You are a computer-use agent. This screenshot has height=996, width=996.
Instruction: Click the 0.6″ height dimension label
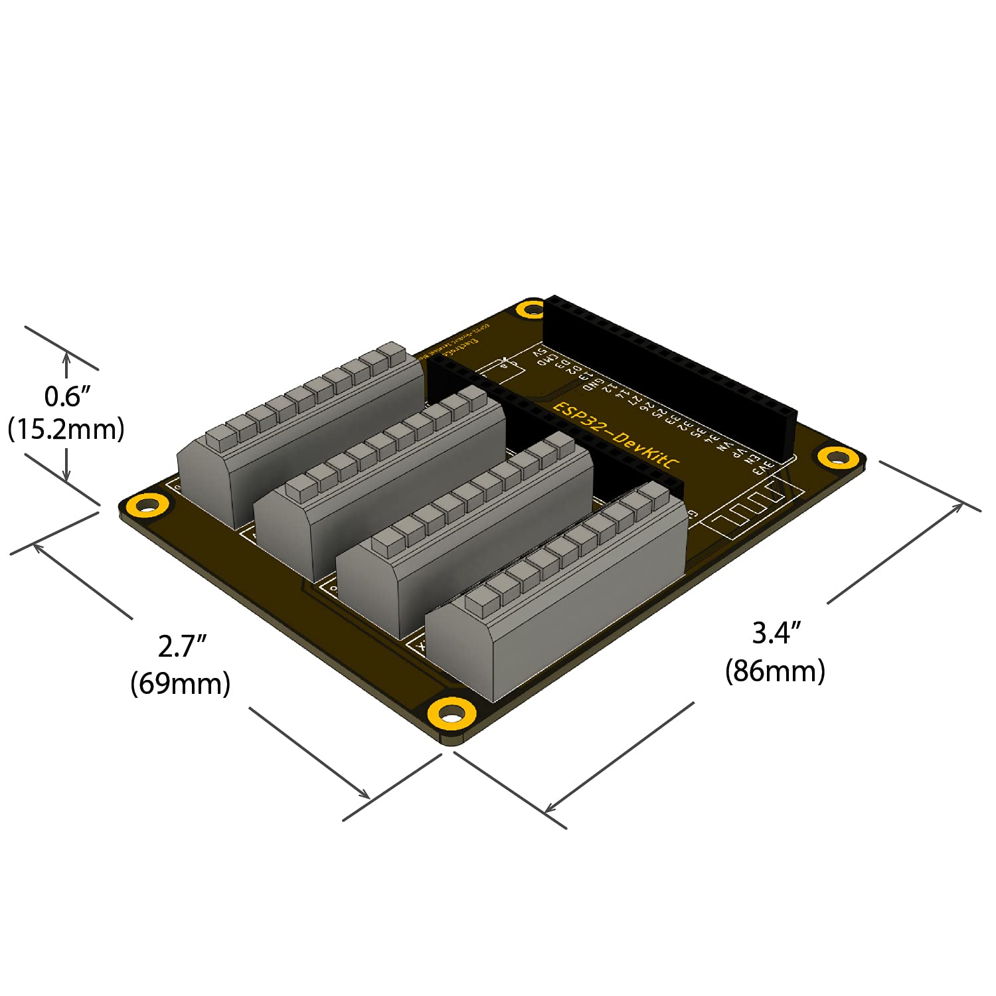pos(66,396)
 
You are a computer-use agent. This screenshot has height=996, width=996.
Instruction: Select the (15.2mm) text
pos(66,430)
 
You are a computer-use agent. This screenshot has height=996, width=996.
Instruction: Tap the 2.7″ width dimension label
pos(181,646)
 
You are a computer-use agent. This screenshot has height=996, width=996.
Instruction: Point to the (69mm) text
pos(180,683)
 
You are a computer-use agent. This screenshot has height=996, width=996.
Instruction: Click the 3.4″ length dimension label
pos(776,633)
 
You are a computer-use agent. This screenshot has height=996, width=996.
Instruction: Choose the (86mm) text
pos(775,671)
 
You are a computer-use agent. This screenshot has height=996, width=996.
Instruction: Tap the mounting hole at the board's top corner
pos(531,309)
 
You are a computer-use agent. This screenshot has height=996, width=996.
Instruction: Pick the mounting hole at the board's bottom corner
pos(452,714)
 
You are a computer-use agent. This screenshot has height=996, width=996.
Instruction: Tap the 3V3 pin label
pos(764,467)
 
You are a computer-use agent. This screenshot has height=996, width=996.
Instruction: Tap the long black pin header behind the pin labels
pos(671,378)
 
